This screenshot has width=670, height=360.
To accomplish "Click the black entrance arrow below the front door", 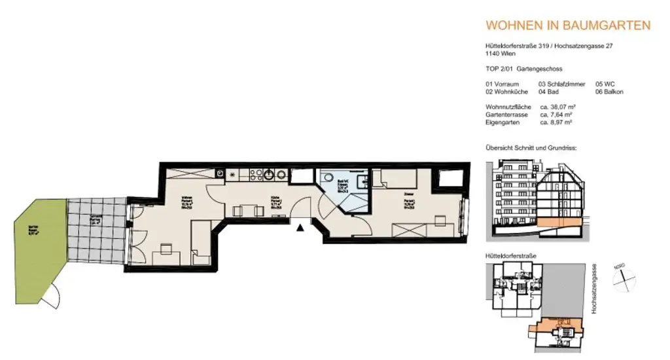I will pos(300,228).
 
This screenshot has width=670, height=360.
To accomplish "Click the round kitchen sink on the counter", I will pos(269,175).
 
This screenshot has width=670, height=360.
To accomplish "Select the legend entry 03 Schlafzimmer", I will pos(561,84).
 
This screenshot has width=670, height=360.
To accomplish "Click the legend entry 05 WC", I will pos(605,84).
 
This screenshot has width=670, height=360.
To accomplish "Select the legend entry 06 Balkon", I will pos(608,92).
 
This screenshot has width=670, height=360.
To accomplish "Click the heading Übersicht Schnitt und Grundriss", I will pos(530,148).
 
